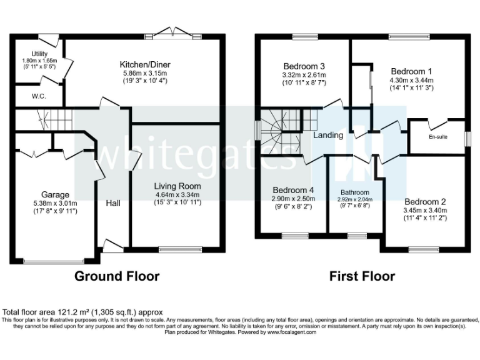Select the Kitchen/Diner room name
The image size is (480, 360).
pyautogui.click(x=146, y=64)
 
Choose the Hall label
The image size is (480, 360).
pyautogui.click(x=113, y=203)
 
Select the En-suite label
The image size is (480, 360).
pyautogui.click(x=437, y=136)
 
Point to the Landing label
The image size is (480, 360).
pyautogui.click(x=328, y=135)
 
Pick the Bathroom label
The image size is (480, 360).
pyautogui.click(x=355, y=192)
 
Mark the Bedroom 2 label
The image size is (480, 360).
pyautogui.click(x=425, y=202)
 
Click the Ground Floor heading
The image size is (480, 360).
pyautogui.click(x=117, y=276)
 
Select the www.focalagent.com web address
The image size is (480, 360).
pyautogui.click(x=286, y=332)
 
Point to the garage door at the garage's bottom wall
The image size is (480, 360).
pyautogui.click(x=52, y=261)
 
